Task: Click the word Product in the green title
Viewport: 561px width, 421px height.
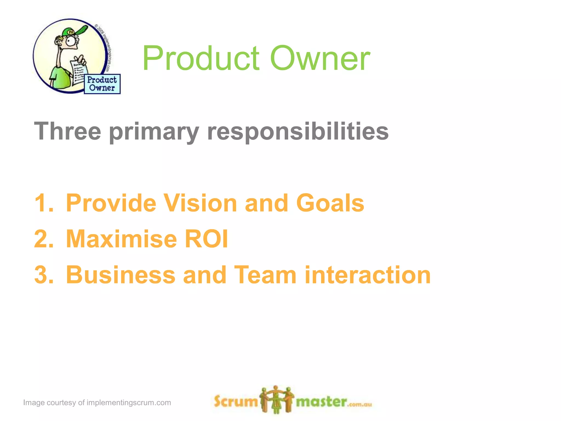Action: pos(201,58)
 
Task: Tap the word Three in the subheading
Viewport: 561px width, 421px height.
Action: pos(67,132)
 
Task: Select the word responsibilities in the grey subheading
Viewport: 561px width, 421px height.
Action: pos(298,132)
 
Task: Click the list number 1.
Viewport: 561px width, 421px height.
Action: pos(43,203)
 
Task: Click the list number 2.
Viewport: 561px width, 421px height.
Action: pos(44,239)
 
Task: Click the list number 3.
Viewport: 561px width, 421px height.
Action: pos(44,275)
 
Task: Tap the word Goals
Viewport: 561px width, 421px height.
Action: pos(330,203)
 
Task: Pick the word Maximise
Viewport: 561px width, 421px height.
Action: pos(121,239)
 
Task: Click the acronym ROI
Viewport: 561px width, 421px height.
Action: pos(206,239)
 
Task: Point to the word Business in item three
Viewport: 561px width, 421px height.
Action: pos(121,275)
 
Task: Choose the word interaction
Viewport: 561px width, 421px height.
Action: pos(368,275)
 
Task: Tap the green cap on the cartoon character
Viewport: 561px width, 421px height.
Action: pos(74,31)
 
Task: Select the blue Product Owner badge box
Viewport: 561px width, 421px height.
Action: pos(102,84)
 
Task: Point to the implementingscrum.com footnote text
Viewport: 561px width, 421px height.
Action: pos(97,403)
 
